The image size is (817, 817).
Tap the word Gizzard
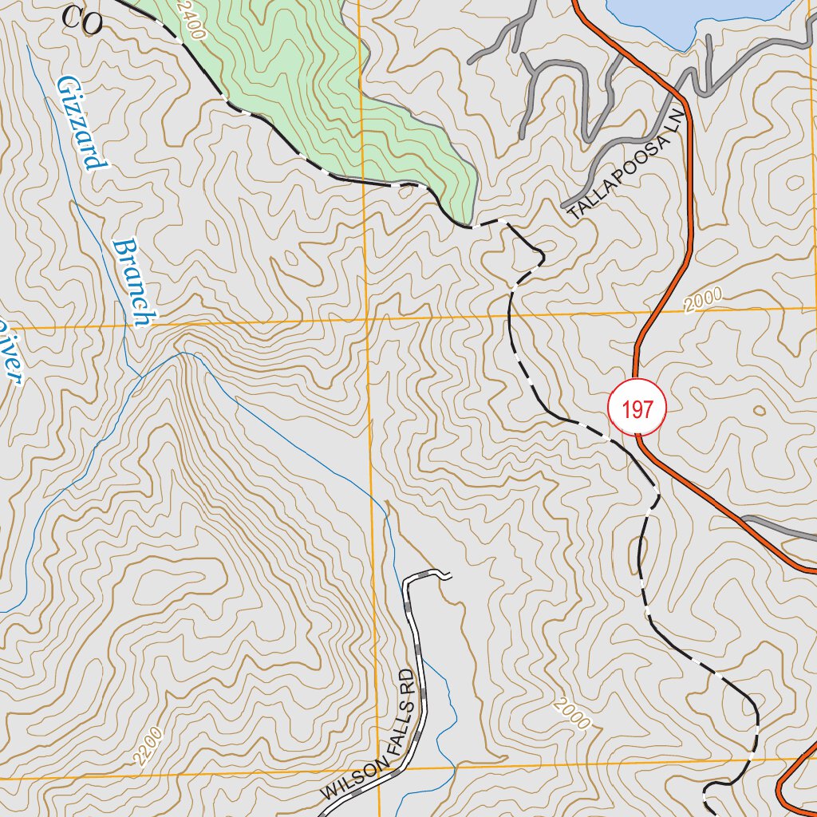coord(81,124)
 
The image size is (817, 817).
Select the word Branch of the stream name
coord(131,283)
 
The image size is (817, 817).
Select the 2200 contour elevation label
coord(150,745)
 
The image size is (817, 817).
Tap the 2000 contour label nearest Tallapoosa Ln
coord(702,300)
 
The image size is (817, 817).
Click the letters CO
coord(82,21)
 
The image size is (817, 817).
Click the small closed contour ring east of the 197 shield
coord(758,411)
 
